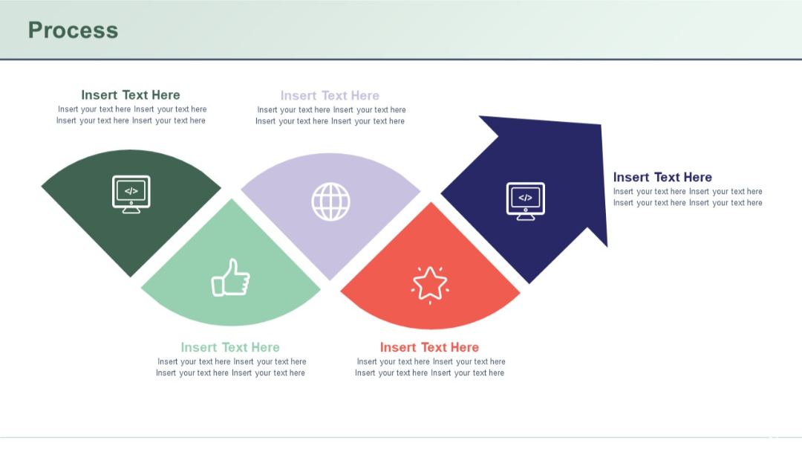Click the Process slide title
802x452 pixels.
[73, 30]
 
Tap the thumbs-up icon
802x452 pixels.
[230, 278]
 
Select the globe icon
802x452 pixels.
[330, 201]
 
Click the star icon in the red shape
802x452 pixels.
[430, 285]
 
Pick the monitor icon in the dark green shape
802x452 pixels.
[131, 194]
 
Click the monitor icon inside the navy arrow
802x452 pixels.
[525, 201]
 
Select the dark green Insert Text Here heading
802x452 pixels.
[131, 95]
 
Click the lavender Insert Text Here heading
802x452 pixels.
[330, 96]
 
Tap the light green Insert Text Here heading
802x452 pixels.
[230, 347]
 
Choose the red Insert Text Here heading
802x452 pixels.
[429, 347]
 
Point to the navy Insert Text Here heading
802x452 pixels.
[662, 177]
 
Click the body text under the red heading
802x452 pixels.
[430, 367]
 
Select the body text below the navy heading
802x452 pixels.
[688, 197]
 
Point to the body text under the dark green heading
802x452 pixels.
[131, 114]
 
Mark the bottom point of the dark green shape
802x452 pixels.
[131, 276]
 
